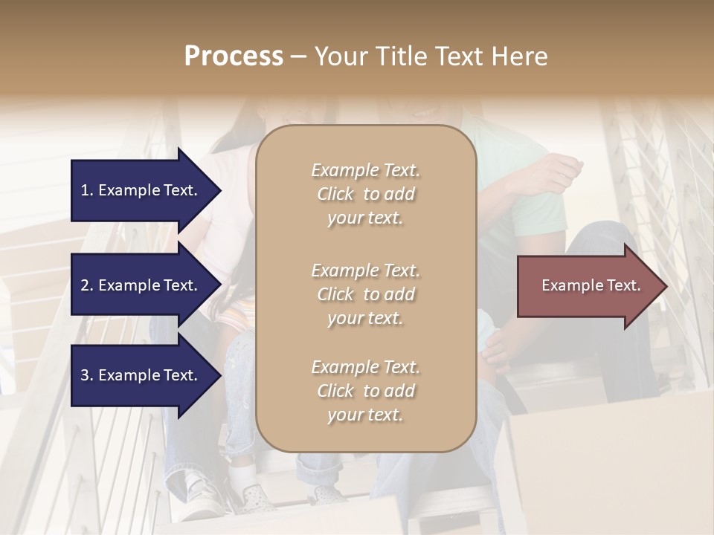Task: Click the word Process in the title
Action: click(x=234, y=56)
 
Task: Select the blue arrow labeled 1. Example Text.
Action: click(x=141, y=190)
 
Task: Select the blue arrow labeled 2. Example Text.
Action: click(x=141, y=285)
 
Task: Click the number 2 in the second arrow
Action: click(x=85, y=285)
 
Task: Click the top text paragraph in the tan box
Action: click(x=365, y=194)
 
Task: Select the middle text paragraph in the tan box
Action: click(x=365, y=294)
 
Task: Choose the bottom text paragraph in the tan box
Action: click(x=365, y=391)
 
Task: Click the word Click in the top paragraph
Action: click(x=335, y=194)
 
